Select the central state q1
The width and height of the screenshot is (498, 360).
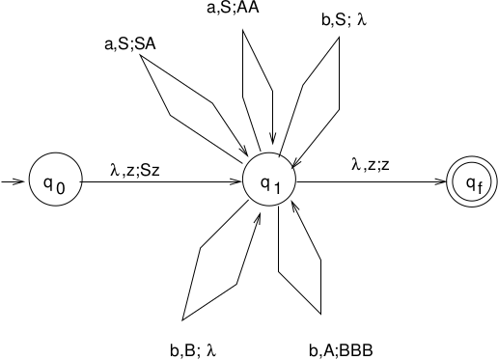[x=269, y=180]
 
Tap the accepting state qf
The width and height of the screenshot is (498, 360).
[x=472, y=180]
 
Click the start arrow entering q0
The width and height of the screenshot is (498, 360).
[x=14, y=180]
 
